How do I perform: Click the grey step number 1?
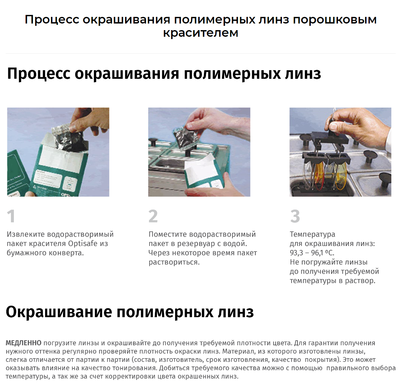point(11,216)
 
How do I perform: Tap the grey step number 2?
point(153,216)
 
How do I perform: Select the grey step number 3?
point(295,216)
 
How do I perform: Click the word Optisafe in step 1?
point(83,243)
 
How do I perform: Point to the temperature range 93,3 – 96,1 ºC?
point(312,253)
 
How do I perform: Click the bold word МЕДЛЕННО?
point(24,343)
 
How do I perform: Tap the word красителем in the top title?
point(201,33)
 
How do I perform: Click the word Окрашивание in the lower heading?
point(59,312)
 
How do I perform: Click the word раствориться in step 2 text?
point(174,262)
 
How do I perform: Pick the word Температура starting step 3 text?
point(312,234)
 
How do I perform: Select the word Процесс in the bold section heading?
point(38,73)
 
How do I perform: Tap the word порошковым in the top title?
point(335,20)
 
